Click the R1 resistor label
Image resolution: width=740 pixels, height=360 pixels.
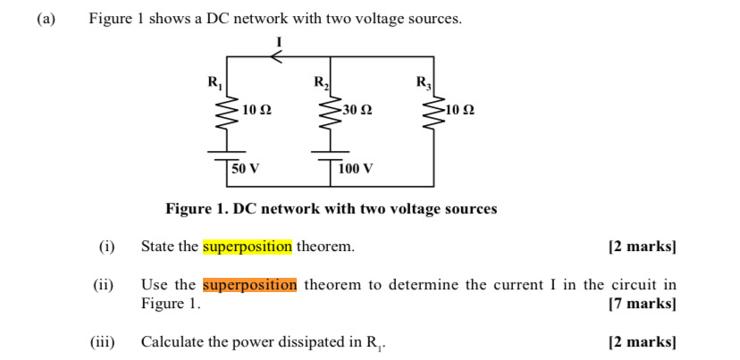tap(214, 84)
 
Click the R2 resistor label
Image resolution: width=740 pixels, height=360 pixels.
tap(321, 84)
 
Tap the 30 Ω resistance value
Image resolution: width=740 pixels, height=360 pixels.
tap(357, 110)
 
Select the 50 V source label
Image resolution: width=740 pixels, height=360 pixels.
tap(246, 168)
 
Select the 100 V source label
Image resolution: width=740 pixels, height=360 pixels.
tap(356, 168)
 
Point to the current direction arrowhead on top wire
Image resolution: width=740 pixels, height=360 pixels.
tap(276, 56)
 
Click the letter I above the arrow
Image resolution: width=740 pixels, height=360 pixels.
tap(279, 41)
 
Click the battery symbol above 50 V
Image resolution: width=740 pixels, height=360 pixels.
tap(226, 153)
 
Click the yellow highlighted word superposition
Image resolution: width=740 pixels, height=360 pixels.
tap(248, 247)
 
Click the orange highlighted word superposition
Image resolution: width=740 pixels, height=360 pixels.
tap(249, 285)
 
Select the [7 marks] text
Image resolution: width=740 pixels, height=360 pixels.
tap(642, 304)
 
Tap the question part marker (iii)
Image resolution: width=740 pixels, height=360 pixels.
tap(103, 342)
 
